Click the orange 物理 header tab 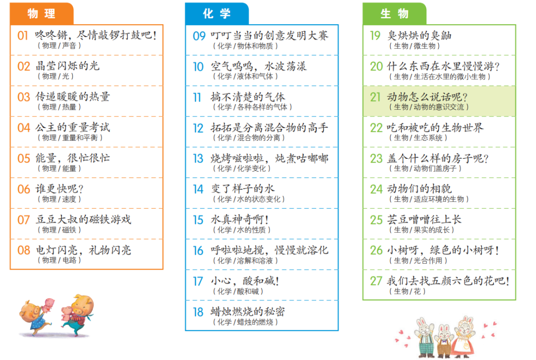(x=42, y=14)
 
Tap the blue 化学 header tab (x=217, y=14)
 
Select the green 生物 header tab (x=395, y=14)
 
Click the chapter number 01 (x=23, y=36)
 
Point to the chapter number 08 (x=24, y=250)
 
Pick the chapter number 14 (x=198, y=189)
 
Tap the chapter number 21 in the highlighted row (x=375, y=97)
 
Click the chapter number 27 (x=376, y=281)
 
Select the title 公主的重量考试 (x=73, y=127)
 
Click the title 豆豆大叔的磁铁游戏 (x=83, y=219)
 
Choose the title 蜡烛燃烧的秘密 (x=248, y=311)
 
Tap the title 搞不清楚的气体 (x=248, y=97)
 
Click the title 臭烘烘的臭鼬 (x=419, y=36)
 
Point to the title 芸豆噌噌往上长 (x=424, y=219)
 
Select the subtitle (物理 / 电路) (x=59, y=260)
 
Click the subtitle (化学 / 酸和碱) (x=238, y=292)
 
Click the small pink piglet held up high (x=48, y=304)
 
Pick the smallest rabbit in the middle (x=444, y=340)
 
